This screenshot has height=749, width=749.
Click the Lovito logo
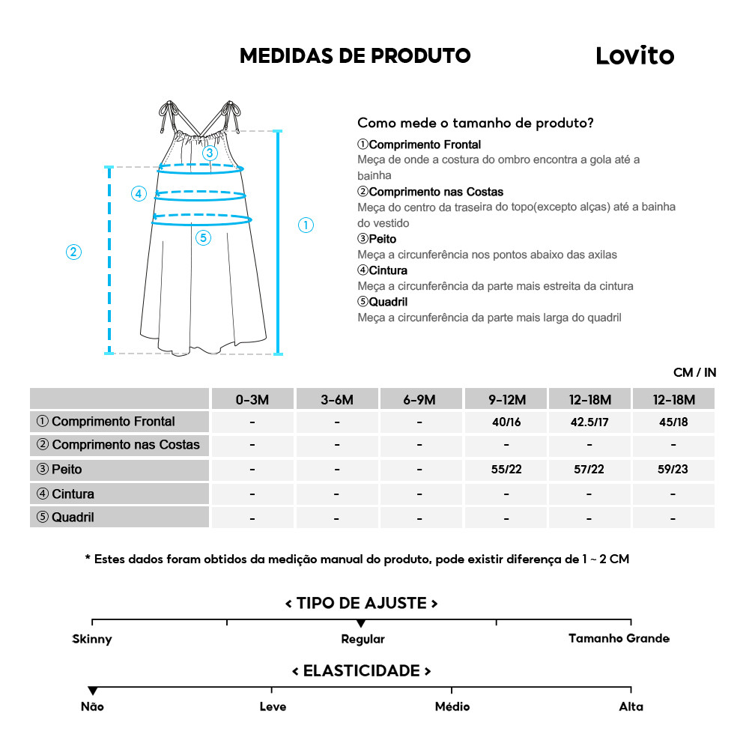click(x=634, y=55)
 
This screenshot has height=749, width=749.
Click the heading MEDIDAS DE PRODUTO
click(x=355, y=56)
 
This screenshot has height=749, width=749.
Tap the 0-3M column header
click(x=252, y=399)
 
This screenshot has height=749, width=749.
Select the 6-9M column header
click(x=419, y=399)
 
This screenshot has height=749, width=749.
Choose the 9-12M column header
click(x=506, y=399)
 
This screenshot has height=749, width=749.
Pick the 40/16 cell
click(x=506, y=422)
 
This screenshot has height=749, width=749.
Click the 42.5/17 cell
click(x=589, y=422)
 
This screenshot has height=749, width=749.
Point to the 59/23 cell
click(x=673, y=470)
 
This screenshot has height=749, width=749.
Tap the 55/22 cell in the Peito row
click(x=506, y=470)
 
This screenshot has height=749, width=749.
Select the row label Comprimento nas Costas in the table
click(x=119, y=445)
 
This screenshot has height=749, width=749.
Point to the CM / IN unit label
click(x=694, y=372)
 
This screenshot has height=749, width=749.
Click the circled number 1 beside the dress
click(x=306, y=225)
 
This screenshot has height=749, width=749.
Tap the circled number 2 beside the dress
click(x=73, y=252)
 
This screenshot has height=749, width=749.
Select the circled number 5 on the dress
click(x=204, y=238)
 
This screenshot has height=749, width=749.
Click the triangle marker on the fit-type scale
click(x=361, y=623)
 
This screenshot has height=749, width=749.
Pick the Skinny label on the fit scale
click(x=92, y=639)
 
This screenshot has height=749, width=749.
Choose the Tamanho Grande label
click(x=619, y=639)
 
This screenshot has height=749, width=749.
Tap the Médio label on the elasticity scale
click(x=452, y=706)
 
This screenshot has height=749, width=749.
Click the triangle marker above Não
click(x=92, y=691)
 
